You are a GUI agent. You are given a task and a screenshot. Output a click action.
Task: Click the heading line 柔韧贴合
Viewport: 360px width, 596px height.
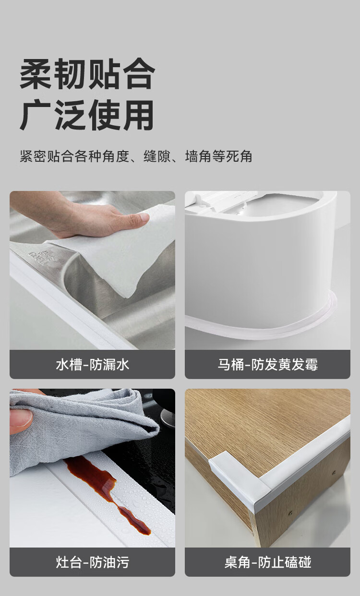tap(87, 74)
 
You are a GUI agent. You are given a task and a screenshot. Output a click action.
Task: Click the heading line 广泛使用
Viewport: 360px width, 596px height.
tap(87, 115)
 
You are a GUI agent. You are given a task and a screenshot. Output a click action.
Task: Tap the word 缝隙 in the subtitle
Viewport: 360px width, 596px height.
tap(157, 156)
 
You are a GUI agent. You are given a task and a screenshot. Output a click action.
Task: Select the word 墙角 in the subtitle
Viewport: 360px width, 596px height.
tap(198, 156)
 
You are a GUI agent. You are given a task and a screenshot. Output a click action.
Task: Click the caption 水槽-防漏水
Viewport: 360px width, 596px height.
tap(92, 365)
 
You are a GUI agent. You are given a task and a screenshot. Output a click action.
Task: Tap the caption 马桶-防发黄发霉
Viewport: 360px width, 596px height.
tap(268, 365)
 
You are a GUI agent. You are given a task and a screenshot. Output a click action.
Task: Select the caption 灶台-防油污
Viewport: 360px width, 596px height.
tap(92, 562)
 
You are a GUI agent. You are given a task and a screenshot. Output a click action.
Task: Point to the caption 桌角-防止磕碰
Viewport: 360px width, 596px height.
tap(268, 562)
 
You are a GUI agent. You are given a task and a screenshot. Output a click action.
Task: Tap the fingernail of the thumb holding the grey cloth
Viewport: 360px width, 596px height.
tap(21, 418)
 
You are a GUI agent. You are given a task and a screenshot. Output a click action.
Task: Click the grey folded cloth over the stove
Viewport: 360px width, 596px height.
tap(80, 429)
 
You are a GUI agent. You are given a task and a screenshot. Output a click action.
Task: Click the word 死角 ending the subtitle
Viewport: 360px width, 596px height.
tap(239, 156)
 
